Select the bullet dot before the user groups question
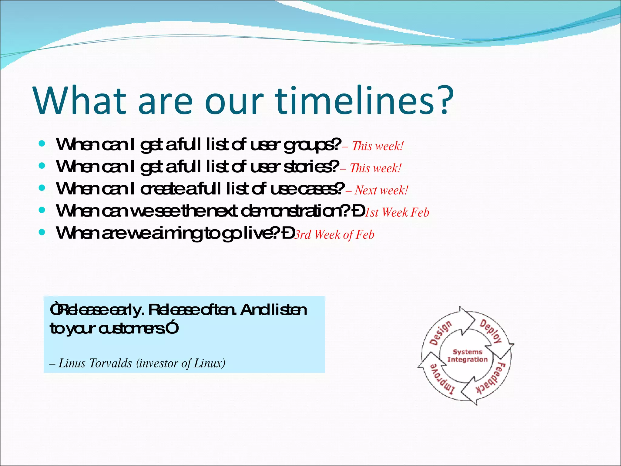pyautogui.click(x=42, y=144)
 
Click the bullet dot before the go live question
pyautogui.click(x=42, y=232)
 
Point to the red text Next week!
pyautogui.click(x=381, y=190)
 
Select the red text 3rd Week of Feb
pyautogui.click(x=334, y=235)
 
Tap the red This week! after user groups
pyautogui.click(x=378, y=146)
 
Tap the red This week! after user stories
pyautogui.click(x=375, y=168)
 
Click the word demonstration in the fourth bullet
pyautogui.click(x=293, y=211)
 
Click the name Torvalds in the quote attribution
pyautogui.click(x=110, y=363)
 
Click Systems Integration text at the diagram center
pyautogui.click(x=467, y=356)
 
